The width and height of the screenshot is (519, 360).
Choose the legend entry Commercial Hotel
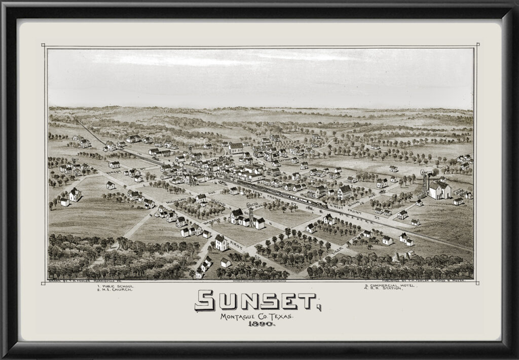pos(391,285)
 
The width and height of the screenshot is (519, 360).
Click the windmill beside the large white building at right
pos(425,184)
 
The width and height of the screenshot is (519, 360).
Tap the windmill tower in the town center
pos(250,213)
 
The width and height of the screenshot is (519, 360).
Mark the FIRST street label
pos(236,244)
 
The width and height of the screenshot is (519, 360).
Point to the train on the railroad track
pos(284,193)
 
